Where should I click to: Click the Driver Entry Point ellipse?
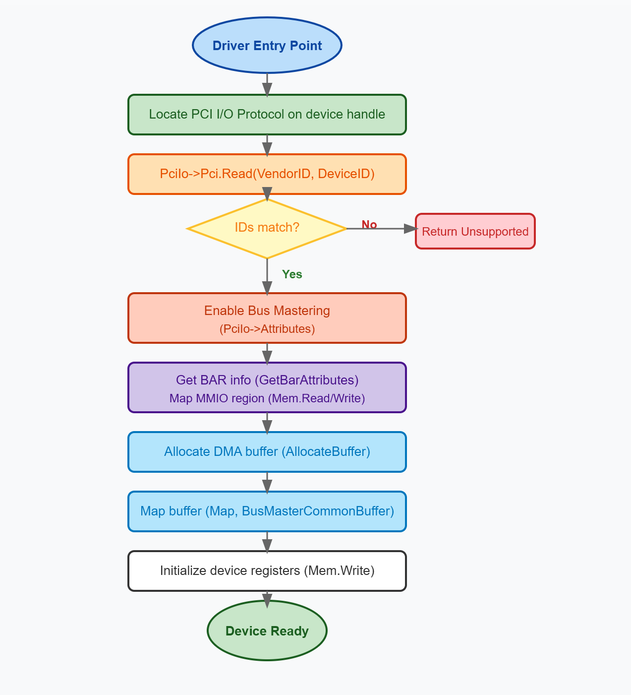point(267,45)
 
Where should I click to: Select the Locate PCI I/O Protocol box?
point(267,114)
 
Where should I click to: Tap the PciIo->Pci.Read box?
point(267,174)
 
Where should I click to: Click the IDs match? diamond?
point(267,228)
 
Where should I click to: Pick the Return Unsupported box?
point(475,231)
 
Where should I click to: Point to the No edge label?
point(369,225)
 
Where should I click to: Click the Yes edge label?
point(292,274)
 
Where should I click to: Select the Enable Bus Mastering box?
point(267,318)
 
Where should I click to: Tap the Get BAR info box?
point(267,387)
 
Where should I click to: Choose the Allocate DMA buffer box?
point(267,452)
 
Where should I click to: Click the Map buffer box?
point(267,511)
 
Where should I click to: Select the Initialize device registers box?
point(267,571)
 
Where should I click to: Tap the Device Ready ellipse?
point(267,631)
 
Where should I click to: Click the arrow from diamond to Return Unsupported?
point(382,229)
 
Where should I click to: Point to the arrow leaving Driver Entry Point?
point(267,84)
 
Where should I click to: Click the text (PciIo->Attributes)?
point(267,329)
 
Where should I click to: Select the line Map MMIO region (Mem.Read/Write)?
point(267,398)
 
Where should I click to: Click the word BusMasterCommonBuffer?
point(318,511)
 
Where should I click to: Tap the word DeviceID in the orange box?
point(346,174)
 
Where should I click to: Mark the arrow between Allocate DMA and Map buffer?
point(267,482)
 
